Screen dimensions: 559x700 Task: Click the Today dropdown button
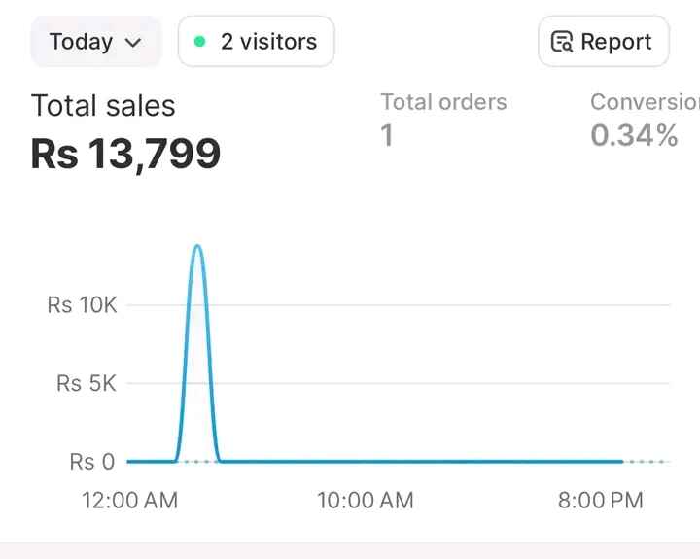tap(95, 42)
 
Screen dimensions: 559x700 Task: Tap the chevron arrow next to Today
tap(134, 43)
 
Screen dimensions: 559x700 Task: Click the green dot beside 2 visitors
tap(200, 42)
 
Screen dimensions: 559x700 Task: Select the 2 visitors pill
tap(257, 42)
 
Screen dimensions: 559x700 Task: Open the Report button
tap(603, 42)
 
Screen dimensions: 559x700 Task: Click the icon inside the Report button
tap(562, 42)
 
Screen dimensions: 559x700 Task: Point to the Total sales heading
tap(103, 105)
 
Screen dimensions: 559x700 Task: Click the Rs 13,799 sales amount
tap(125, 153)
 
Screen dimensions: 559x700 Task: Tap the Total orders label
tap(443, 102)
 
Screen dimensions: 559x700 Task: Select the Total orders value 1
tap(387, 136)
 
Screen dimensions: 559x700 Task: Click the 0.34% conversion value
tap(634, 136)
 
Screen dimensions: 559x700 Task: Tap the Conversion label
tap(644, 102)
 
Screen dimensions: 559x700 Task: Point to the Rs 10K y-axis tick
tap(82, 305)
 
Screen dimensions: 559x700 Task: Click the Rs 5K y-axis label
tap(86, 384)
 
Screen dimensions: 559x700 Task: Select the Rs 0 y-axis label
tap(92, 462)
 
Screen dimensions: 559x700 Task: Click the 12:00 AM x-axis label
tap(130, 501)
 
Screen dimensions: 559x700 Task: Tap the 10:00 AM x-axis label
tap(366, 501)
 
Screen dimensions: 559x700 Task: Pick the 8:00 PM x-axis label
tap(600, 501)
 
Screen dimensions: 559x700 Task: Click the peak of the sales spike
tap(197, 246)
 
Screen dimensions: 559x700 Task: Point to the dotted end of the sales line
tap(646, 461)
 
